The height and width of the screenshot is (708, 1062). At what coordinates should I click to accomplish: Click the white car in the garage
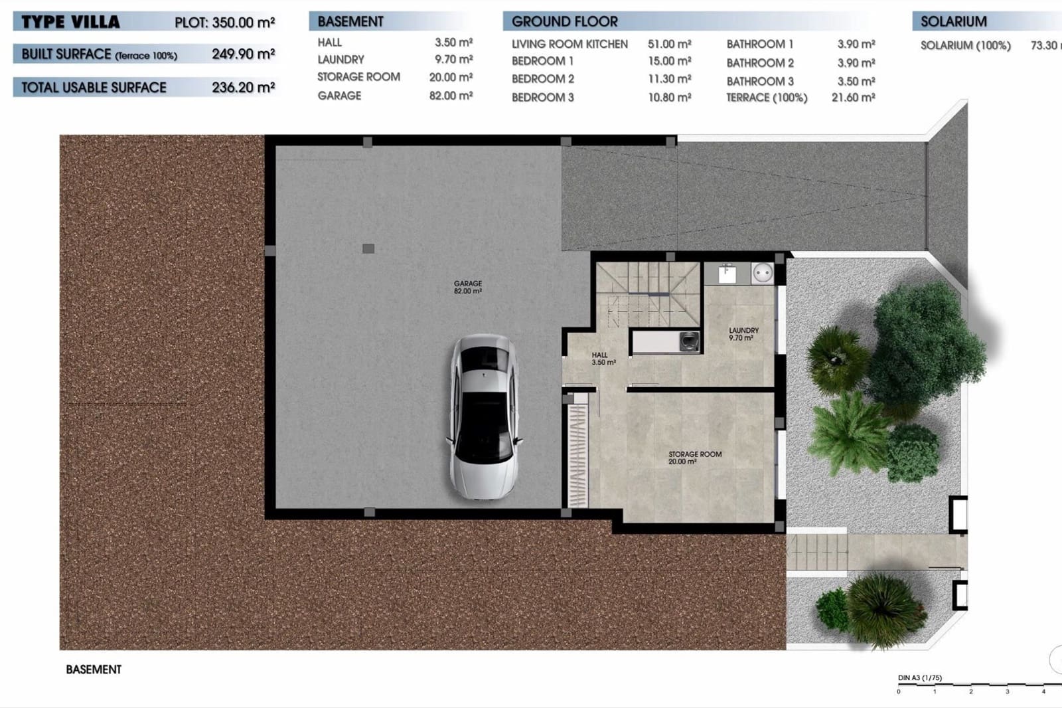484,416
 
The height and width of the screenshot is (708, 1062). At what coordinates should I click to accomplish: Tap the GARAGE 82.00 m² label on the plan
468,287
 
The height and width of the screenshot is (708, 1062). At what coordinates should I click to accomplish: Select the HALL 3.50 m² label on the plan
603,359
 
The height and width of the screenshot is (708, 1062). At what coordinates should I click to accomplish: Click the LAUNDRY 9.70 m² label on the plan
743,333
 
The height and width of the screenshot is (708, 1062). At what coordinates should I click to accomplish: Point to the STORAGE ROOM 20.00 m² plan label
694,458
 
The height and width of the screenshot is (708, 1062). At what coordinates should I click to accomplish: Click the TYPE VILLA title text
70,22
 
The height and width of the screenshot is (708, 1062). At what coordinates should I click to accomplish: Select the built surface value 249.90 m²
243,54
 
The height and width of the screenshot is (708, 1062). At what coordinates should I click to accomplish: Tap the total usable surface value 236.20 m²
243,87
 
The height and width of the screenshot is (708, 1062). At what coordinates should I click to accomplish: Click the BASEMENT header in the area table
350,21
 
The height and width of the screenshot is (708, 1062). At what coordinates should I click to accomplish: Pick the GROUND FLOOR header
564,21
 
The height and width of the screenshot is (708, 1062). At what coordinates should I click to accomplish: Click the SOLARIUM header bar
953,21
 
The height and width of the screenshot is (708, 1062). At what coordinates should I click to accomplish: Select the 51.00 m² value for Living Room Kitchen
669,44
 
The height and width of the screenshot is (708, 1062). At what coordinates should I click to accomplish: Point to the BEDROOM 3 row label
542,97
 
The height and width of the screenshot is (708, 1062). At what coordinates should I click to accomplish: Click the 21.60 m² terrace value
853,97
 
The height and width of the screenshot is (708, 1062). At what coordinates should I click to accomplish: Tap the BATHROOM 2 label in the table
760,63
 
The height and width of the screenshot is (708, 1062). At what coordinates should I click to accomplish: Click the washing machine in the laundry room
763,273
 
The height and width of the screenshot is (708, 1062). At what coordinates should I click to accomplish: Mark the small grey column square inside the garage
368,248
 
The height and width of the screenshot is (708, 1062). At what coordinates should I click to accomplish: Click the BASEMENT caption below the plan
94,669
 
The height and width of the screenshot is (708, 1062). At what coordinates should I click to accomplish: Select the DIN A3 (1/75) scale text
919,678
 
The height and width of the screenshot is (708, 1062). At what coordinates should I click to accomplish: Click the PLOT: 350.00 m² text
224,22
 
